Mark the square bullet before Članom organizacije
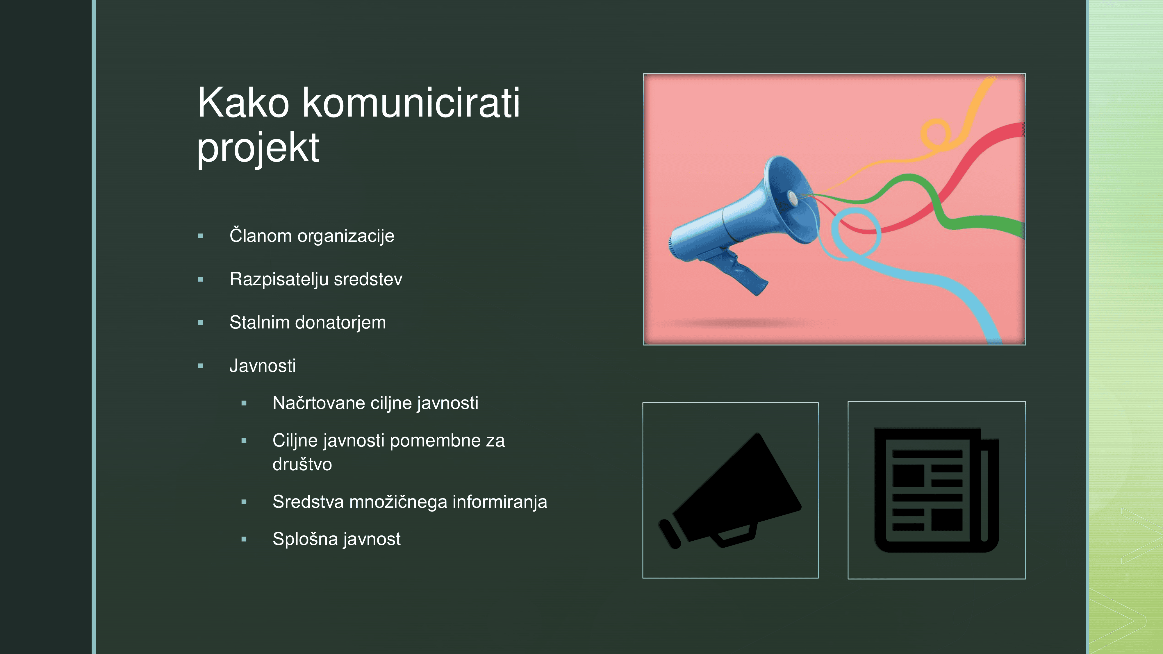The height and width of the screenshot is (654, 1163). [x=200, y=236]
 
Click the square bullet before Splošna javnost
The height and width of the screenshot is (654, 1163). [x=244, y=539]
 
